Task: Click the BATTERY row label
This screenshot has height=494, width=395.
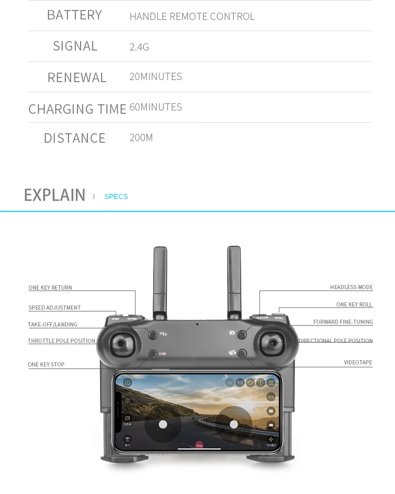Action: coord(74,15)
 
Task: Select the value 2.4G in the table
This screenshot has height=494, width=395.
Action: coord(139,47)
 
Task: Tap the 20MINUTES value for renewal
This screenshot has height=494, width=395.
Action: coord(155,77)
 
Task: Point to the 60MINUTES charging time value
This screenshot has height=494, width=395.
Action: coord(155,107)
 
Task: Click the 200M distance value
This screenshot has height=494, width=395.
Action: coord(141,138)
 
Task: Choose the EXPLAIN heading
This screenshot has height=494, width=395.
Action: coord(55,195)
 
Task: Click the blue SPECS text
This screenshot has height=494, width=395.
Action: coord(116,196)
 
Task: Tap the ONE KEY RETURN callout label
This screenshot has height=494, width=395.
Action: coord(50,288)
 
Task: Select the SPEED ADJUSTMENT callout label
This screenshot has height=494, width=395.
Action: coord(55,308)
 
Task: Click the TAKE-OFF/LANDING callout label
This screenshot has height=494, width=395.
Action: coord(53,324)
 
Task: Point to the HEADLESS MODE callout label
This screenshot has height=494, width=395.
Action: coord(351,287)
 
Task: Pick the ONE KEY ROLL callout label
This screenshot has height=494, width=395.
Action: coord(354,304)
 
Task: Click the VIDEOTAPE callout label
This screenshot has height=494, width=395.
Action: coord(358,362)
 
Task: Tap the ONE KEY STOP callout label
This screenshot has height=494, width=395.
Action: coord(46,364)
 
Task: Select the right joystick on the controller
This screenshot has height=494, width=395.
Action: coord(273,343)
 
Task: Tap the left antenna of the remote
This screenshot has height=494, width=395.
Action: coord(160,279)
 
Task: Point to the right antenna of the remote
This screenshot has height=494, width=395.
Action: coord(234,279)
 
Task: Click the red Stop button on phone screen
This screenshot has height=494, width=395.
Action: coord(199,446)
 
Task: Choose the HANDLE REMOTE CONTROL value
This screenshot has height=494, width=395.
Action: coord(192,16)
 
